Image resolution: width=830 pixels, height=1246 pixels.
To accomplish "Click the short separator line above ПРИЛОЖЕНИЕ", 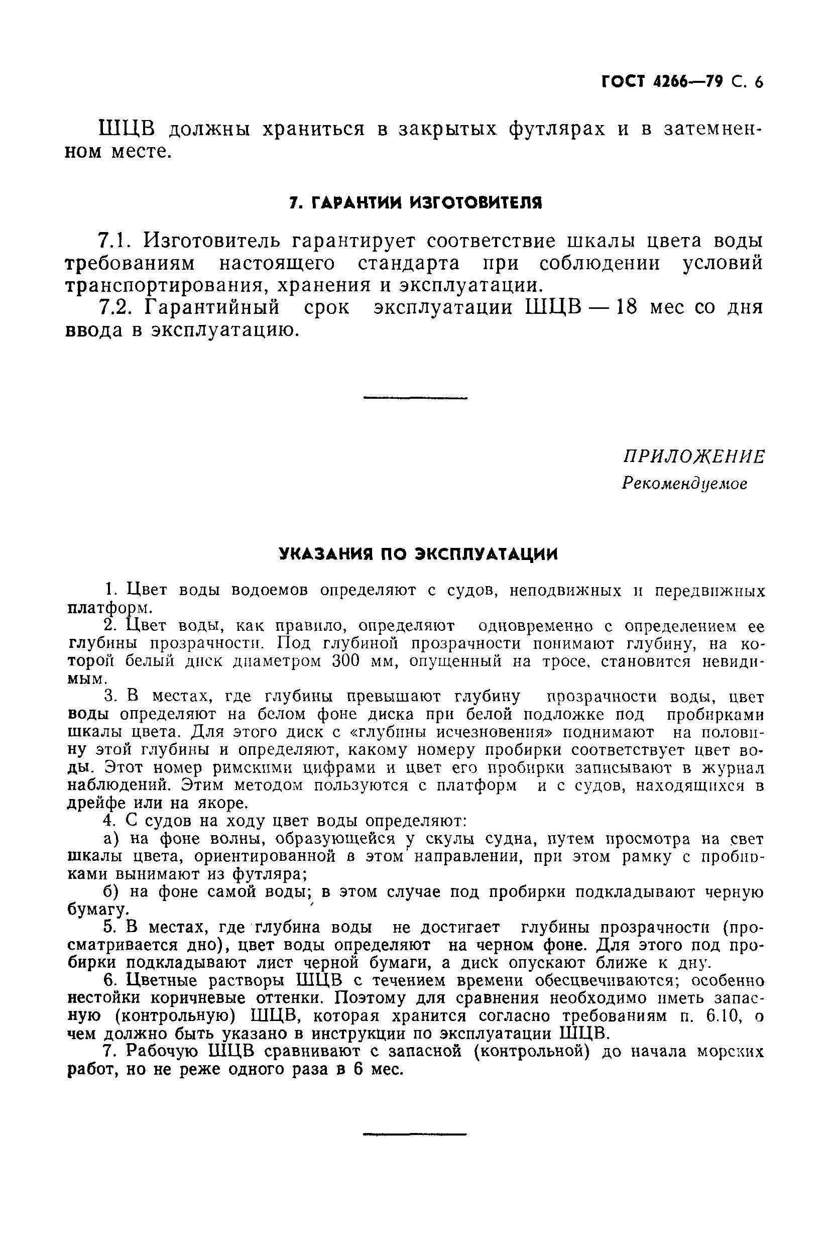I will (x=416, y=398).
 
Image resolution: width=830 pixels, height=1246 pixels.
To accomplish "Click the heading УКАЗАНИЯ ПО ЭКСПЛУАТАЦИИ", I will (x=418, y=554).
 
